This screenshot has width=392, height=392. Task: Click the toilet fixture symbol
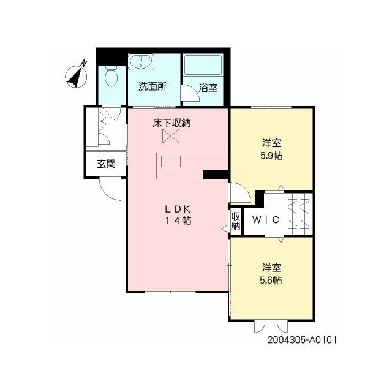pyautogui.click(x=111, y=76)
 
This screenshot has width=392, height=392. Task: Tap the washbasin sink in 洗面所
pyautogui.click(x=141, y=62)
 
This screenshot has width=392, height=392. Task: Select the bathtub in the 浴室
pyautogui.click(x=203, y=65)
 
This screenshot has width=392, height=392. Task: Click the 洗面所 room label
pyautogui.click(x=153, y=86)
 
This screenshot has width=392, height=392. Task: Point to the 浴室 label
pyautogui.click(x=208, y=88)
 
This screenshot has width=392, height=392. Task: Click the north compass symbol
pyautogui.click(x=76, y=77)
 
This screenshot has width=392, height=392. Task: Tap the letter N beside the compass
pyautogui.click(x=84, y=63)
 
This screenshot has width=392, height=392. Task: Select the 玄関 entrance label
pyautogui.click(x=106, y=164)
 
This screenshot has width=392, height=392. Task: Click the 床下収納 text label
pyautogui.click(x=171, y=123)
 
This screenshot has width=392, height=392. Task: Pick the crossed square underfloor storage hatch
pyautogui.click(x=171, y=136)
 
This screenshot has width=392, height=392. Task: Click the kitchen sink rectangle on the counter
pyautogui.click(x=171, y=161)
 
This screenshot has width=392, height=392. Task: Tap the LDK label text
pyautogui.click(x=178, y=209)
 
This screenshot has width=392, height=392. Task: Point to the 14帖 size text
pyautogui.click(x=178, y=221)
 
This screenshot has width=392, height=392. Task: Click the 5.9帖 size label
pyautogui.click(x=271, y=156)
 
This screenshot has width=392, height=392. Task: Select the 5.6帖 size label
pyautogui.click(x=271, y=281)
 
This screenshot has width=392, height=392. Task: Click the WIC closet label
pyautogui.click(x=265, y=220)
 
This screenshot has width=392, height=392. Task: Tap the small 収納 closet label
pyautogui.click(x=235, y=221)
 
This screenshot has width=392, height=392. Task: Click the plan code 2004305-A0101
pyautogui.click(x=302, y=341)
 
